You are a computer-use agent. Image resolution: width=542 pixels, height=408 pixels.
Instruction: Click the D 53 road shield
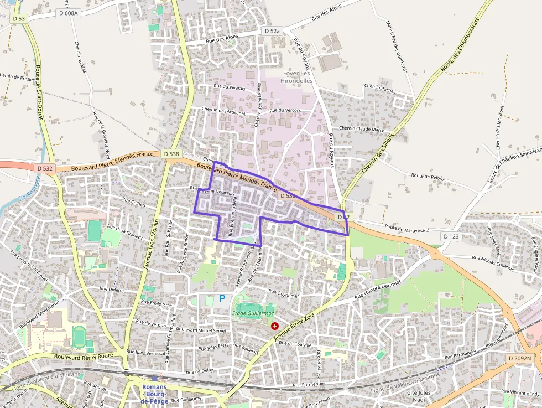click(x=19, y=18)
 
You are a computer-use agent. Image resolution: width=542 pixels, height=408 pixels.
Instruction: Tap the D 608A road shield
click(x=69, y=13)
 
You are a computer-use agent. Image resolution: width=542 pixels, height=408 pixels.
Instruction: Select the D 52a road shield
click(x=272, y=32)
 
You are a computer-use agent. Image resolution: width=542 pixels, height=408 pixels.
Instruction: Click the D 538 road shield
click(x=171, y=154)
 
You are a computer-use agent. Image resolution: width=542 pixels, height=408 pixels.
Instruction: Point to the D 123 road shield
click(x=451, y=236)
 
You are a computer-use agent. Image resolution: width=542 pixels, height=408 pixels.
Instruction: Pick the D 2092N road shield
click(x=519, y=359)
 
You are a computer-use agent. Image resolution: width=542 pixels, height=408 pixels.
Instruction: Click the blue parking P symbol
click(x=222, y=298)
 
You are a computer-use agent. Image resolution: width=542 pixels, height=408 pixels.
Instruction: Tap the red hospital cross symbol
click(x=275, y=326)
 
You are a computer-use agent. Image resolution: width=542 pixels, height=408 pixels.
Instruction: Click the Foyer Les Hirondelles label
click(x=298, y=77)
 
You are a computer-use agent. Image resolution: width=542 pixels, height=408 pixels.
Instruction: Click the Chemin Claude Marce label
click(x=362, y=129)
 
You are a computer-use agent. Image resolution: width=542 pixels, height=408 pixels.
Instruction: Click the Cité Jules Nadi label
click(x=419, y=396)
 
